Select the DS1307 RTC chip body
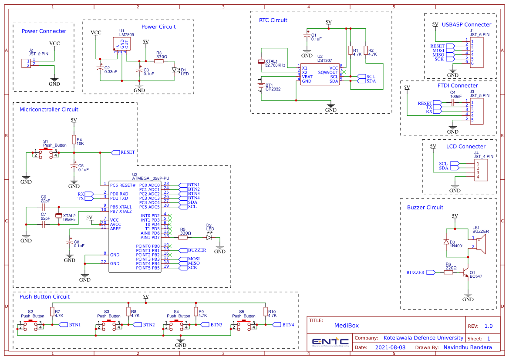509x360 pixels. [320, 74]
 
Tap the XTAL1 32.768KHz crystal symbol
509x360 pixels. [261, 62]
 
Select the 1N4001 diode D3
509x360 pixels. [446, 242]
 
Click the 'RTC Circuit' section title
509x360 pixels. [273, 20]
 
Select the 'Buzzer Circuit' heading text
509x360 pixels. [425, 208]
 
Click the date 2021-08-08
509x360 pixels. [390, 347]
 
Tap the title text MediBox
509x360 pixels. [347, 326]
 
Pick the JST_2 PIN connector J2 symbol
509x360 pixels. [26, 63]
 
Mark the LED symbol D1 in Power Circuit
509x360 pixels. [175, 70]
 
